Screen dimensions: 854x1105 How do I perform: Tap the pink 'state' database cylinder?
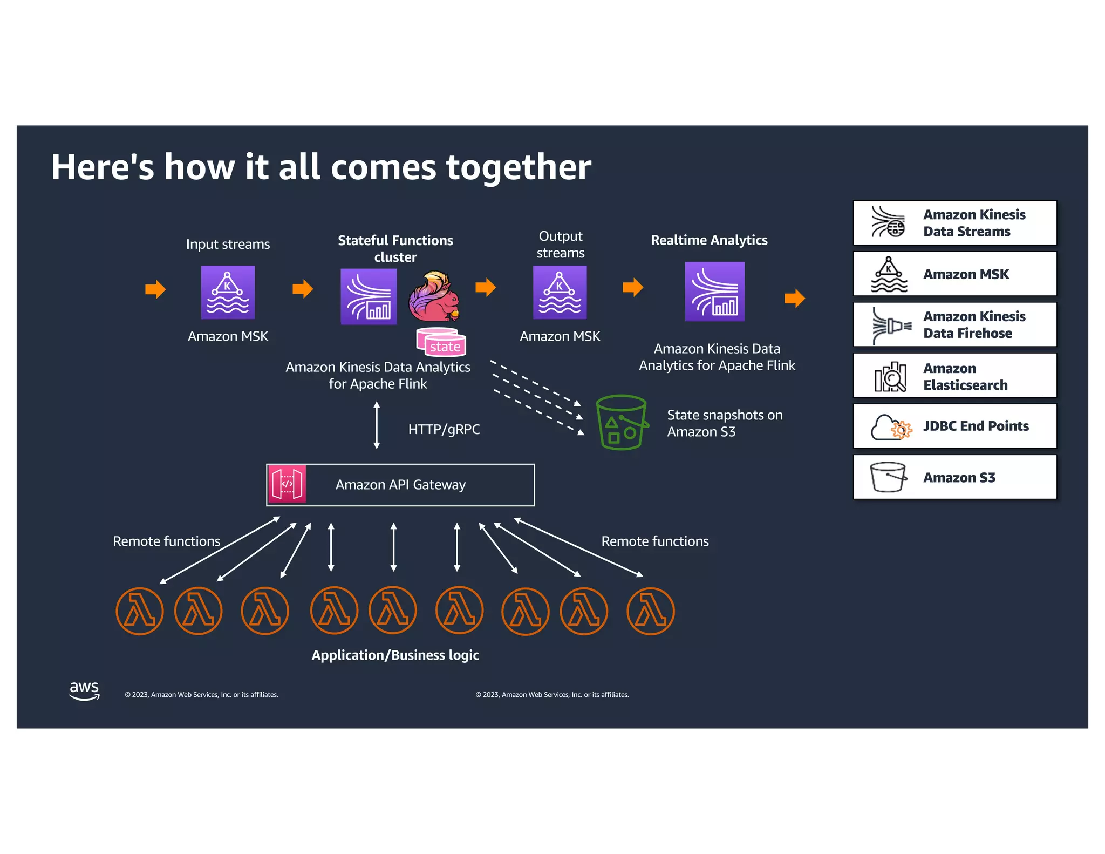(442, 343)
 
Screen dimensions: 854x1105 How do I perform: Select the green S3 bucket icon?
(621, 423)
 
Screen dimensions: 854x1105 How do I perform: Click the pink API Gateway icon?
(287, 484)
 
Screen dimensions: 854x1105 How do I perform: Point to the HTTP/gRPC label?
(444, 429)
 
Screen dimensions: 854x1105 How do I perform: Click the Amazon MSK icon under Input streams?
(228, 292)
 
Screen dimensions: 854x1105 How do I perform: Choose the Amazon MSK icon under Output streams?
(560, 292)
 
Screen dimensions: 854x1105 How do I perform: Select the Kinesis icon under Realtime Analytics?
(714, 292)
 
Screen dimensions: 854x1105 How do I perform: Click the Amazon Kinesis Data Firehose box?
(954, 324)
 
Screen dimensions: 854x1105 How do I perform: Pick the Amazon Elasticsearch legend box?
(954, 376)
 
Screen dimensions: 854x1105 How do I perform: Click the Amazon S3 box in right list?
(954, 477)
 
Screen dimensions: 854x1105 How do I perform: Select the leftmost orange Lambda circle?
(139, 611)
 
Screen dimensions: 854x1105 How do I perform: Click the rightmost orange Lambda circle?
(650, 611)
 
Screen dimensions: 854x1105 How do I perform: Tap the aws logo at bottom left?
(84, 690)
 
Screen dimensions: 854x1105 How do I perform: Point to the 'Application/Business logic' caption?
(395, 655)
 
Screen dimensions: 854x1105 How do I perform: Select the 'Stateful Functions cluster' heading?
(395, 248)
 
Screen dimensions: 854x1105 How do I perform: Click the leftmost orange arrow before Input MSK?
(155, 289)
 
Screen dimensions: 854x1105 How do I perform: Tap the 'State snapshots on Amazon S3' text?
(724, 423)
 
